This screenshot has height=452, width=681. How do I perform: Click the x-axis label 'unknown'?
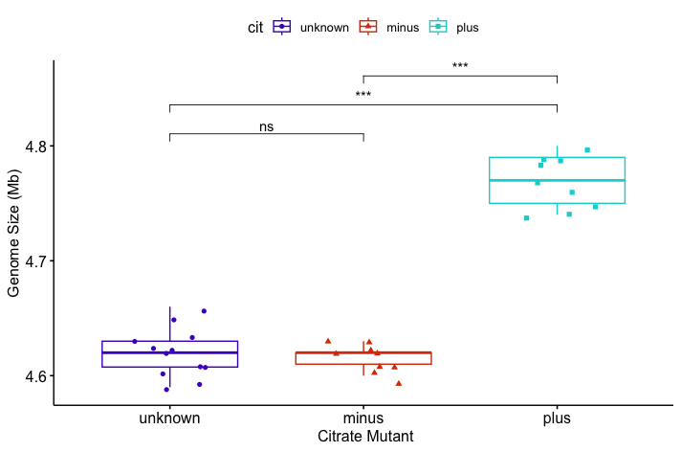tap(170, 418)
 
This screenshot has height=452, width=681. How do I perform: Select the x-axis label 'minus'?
tap(363, 418)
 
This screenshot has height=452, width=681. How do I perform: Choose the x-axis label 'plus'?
tap(557, 418)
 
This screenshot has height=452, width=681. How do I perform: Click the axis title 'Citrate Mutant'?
tap(363, 437)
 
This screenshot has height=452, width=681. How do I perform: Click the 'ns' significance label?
tap(266, 126)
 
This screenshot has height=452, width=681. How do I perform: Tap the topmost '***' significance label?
tap(460, 67)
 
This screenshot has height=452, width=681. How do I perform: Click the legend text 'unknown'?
tap(324, 28)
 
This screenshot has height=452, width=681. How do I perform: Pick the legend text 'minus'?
tap(403, 28)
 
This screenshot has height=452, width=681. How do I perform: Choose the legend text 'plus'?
tap(467, 28)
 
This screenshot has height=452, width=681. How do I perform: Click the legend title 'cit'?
tap(255, 28)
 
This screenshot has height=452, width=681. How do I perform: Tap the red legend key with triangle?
tap(368, 27)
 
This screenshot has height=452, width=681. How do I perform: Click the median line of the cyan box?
tap(557, 180)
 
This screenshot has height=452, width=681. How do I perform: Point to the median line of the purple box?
tap(170, 352)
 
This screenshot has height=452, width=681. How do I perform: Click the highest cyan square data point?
tap(587, 149)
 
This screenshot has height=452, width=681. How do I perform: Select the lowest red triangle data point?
tap(399, 383)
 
